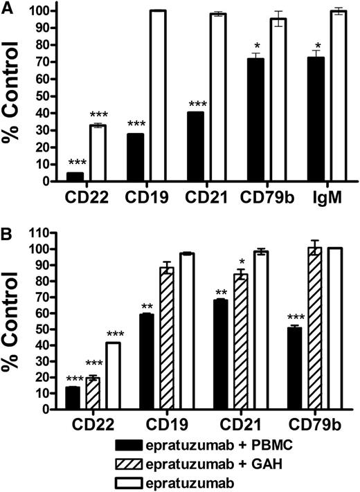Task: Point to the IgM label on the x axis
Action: (x=328, y=197)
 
